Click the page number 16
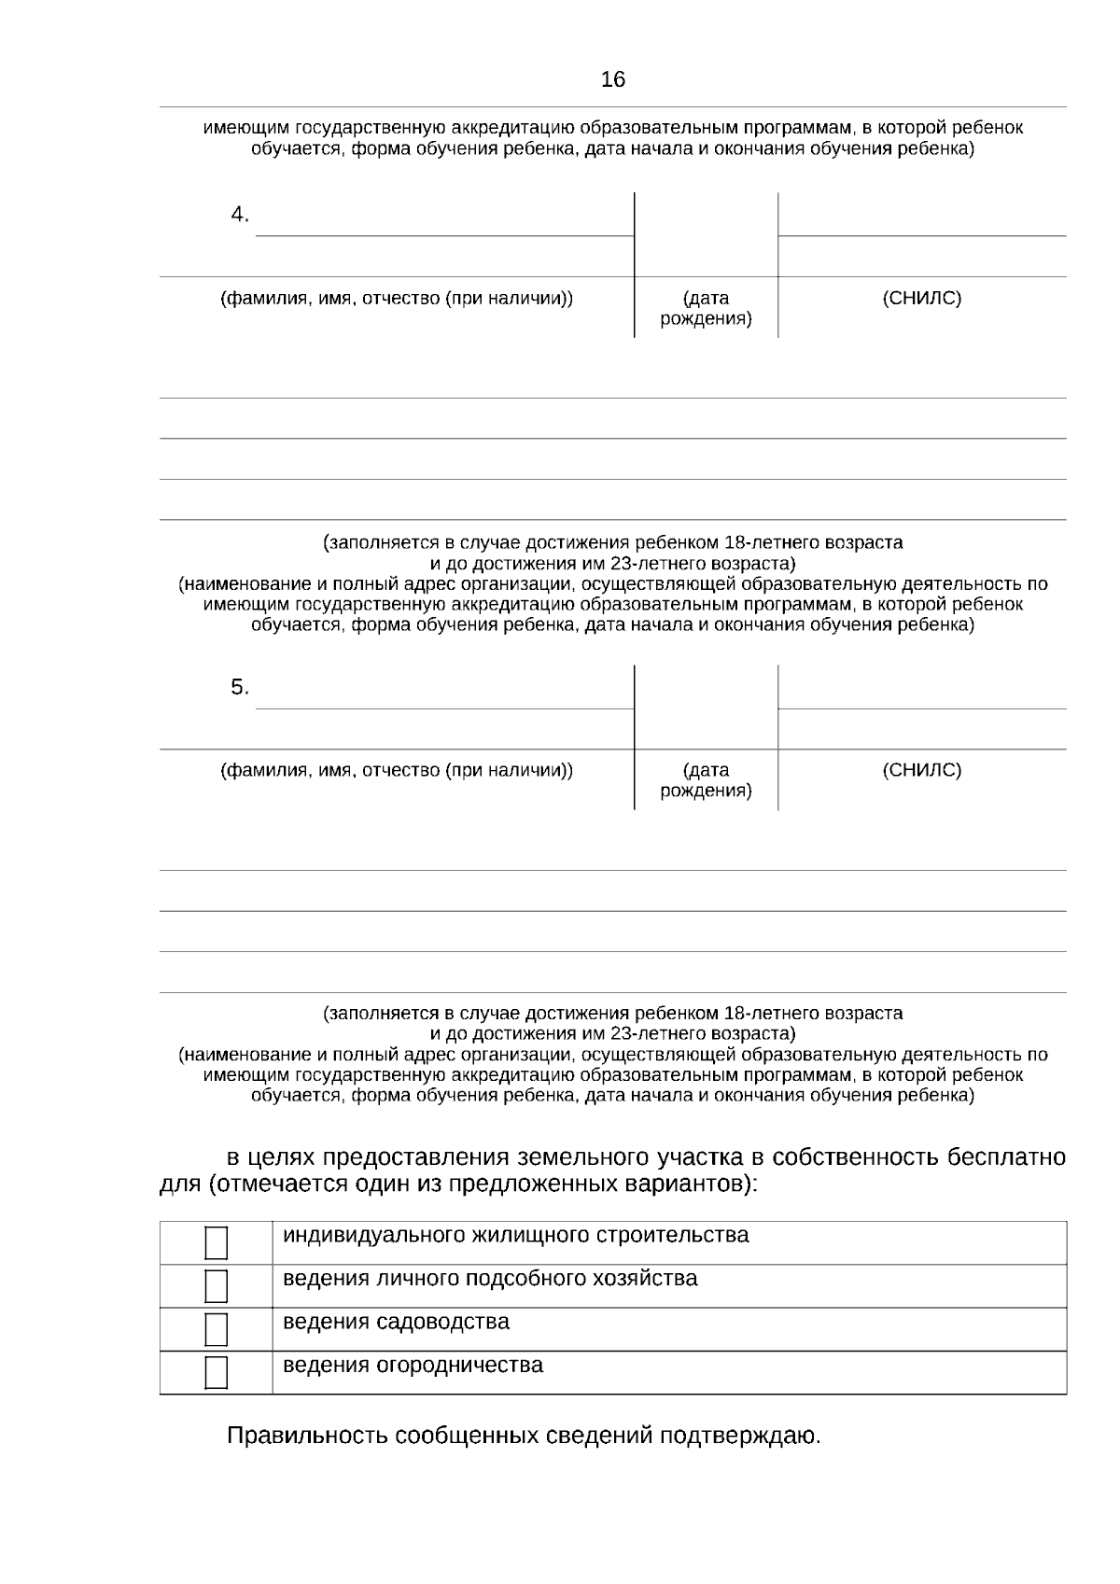613,80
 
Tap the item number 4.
240,215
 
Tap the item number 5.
240,688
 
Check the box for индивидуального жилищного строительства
217,1243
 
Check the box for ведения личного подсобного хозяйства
217,1286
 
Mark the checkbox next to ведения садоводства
217,1329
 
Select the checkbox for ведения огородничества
217,1373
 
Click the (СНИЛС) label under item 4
921,299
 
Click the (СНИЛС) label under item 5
921,771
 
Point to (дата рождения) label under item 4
706,309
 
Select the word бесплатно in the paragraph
1006,1158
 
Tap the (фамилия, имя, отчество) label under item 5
397,771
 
